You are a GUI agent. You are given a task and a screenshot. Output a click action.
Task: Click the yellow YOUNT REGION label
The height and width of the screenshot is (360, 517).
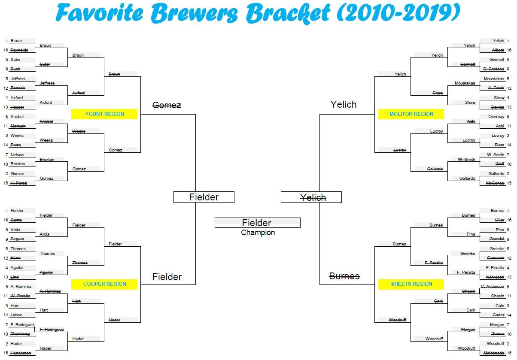point(104,114)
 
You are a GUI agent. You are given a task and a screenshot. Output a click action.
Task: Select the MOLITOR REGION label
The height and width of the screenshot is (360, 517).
point(411,114)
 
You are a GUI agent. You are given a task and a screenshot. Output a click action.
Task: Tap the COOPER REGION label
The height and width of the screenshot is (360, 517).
point(104,284)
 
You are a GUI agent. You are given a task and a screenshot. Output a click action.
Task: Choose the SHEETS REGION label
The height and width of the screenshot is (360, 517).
point(411,284)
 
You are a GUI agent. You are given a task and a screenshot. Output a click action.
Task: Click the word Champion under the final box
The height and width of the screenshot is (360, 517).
point(258,233)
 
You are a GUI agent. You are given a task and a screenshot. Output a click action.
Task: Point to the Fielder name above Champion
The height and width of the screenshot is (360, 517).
point(256,223)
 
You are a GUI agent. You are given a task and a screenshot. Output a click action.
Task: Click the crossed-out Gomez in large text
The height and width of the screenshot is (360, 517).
point(167,105)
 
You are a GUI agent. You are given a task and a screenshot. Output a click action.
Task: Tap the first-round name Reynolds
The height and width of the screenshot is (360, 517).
point(19,50)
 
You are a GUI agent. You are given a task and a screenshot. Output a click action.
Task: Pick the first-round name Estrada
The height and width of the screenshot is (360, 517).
point(18,88)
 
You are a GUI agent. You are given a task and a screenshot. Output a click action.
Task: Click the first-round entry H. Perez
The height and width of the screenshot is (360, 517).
point(19,183)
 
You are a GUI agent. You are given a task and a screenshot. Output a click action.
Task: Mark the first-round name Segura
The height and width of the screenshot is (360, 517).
point(17,239)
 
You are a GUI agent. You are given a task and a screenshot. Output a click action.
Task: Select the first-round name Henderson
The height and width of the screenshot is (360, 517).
point(21,353)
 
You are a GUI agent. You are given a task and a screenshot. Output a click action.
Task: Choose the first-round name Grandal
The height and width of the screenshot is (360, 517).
point(496,239)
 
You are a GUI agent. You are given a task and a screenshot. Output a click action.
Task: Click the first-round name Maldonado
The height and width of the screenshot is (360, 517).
point(494,353)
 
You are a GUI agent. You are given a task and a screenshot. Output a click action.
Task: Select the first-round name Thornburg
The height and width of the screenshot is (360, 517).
point(21,334)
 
